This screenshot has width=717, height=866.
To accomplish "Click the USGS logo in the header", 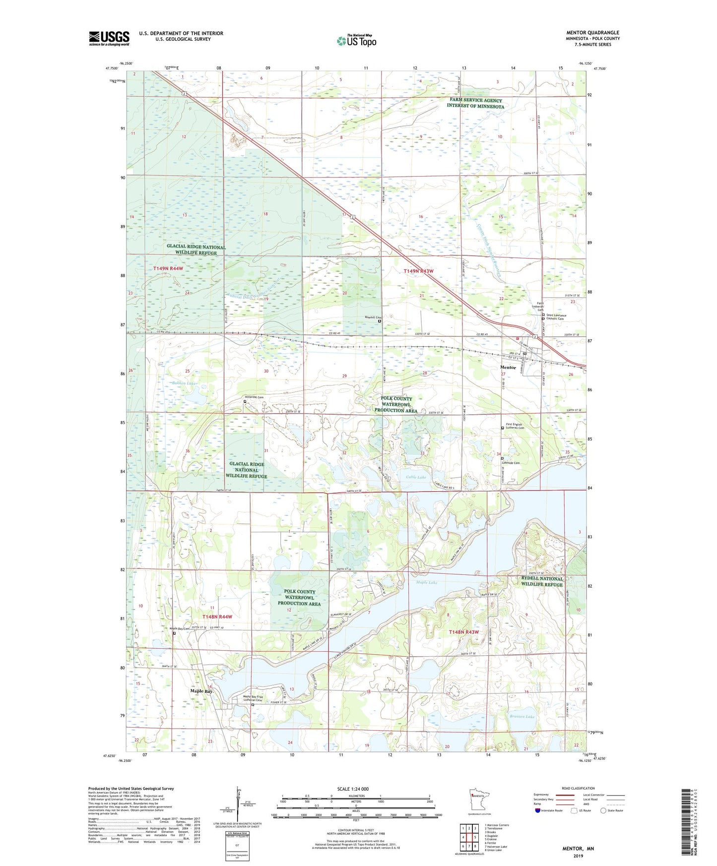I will coord(109,38).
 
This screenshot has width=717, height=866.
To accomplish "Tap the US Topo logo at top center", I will coord(356,40).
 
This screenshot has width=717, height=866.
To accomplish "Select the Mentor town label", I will coord(508,368).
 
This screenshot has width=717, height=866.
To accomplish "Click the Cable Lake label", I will coord(416,477).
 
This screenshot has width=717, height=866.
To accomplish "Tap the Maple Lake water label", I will coord(426,582).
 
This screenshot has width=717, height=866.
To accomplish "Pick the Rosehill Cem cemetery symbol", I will coord(380,321).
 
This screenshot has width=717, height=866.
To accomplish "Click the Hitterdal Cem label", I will coord(254,397).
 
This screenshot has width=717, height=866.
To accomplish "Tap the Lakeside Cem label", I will coord(512,463).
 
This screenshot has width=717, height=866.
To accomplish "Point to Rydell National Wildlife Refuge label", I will coord(542,581).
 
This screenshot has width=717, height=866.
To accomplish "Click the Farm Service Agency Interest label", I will coord(475,103).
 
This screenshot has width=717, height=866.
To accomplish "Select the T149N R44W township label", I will coord(168,268).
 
